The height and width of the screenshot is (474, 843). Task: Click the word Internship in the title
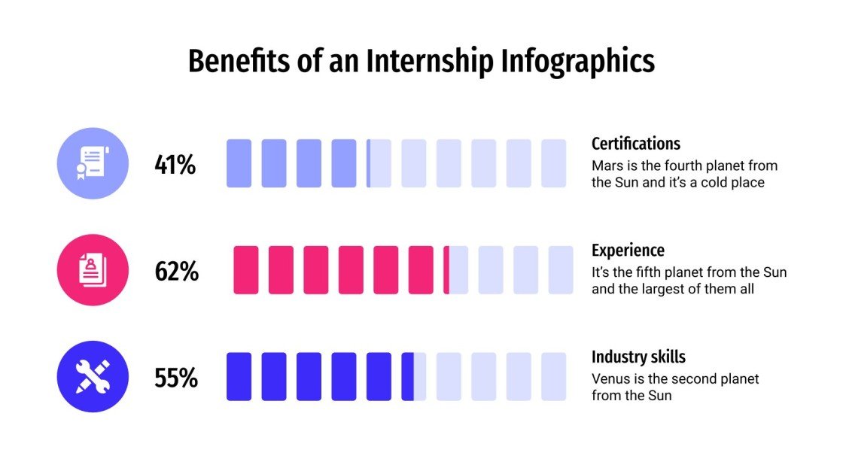(430, 62)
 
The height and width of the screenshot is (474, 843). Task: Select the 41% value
(175, 164)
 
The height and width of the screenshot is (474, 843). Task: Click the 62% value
(176, 271)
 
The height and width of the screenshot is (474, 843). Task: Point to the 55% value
(175, 378)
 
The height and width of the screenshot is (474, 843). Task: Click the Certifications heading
(635, 144)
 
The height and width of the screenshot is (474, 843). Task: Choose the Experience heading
(628, 251)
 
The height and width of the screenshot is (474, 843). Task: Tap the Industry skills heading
(638, 357)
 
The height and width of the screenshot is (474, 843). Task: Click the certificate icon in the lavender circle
(93, 163)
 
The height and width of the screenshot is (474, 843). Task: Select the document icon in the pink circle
(93, 270)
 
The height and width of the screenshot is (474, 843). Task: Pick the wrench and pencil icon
(93, 377)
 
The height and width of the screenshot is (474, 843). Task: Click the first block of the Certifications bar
(239, 163)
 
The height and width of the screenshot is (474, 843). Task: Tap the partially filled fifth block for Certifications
(379, 163)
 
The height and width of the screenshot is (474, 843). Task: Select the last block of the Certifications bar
(553, 163)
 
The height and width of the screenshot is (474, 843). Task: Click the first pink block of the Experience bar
(246, 270)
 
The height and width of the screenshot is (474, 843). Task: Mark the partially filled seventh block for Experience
(455, 270)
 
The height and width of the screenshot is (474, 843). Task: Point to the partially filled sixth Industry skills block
(413, 377)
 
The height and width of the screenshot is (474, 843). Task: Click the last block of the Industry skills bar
(553, 377)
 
